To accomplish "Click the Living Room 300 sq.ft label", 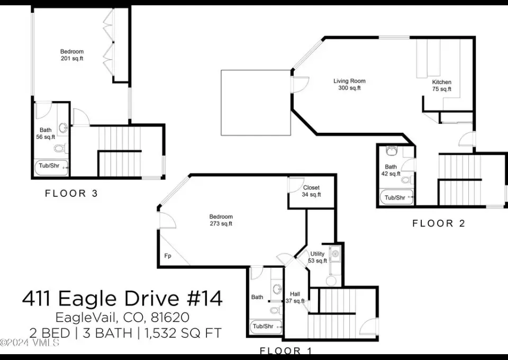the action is coord(349,84).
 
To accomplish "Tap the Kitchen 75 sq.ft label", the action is coord(441,86).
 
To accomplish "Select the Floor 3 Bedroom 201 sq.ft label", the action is coord(72,55).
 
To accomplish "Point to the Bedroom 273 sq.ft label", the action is coord(221,220).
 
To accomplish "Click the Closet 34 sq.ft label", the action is coord(311,191).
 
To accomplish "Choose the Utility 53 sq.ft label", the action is coord(317,257).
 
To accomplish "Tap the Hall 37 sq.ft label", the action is coord(295,298).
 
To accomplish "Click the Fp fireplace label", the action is coord(168,256).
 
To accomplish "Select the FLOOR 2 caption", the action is coord(439,223).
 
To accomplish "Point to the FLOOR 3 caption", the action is coord(71,193).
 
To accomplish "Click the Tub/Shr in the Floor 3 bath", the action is coord(51,167).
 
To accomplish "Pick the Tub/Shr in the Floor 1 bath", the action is coord(266,327).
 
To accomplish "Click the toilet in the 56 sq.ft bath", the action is coord(60,148).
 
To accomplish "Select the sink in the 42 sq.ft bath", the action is coord(392,150).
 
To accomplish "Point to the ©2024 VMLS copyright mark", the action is coord(30,343).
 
